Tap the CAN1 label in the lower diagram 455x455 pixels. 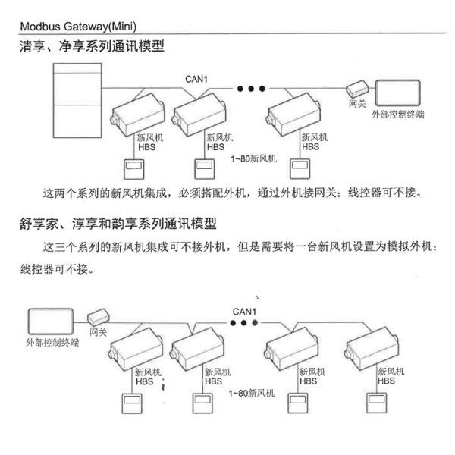tap(244, 312)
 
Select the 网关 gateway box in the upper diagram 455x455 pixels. tap(356, 87)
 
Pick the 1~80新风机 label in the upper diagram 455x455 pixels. tap(253, 160)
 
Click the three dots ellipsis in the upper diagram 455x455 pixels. tap(251, 89)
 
